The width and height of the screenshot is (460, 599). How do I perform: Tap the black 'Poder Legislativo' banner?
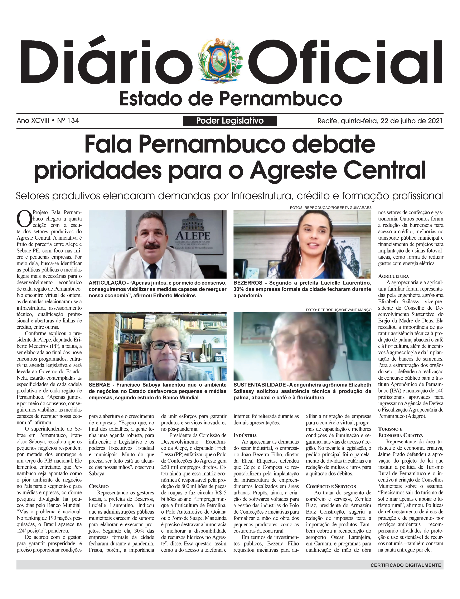coord(230,121)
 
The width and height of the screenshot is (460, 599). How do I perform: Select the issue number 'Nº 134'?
coord(68,121)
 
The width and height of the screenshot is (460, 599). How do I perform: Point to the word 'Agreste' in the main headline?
coord(293,170)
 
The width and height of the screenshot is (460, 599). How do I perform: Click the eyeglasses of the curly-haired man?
coord(165,345)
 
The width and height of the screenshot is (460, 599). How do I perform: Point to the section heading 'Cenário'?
coord(98,486)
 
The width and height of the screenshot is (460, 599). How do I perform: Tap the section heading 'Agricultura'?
coord(393,276)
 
